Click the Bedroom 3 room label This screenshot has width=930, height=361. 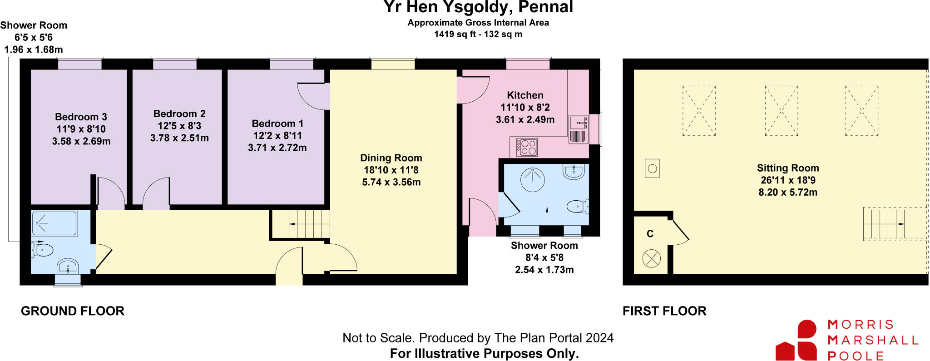(x=81, y=117)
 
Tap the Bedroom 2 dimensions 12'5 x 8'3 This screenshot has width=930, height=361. (x=179, y=126)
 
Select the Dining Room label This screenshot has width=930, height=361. (x=391, y=158)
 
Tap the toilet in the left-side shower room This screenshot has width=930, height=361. (x=43, y=250)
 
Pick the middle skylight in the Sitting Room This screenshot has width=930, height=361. (x=781, y=111)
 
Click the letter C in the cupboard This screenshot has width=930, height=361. (x=650, y=234)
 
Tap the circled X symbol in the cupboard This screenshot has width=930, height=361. (x=651, y=259)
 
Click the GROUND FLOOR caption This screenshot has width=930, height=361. (x=73, y=311)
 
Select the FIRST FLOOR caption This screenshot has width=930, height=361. (x=664, y=311)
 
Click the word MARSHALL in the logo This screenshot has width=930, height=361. (x=872, y=340)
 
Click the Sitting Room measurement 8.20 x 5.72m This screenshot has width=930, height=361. (x=787, y=193)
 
